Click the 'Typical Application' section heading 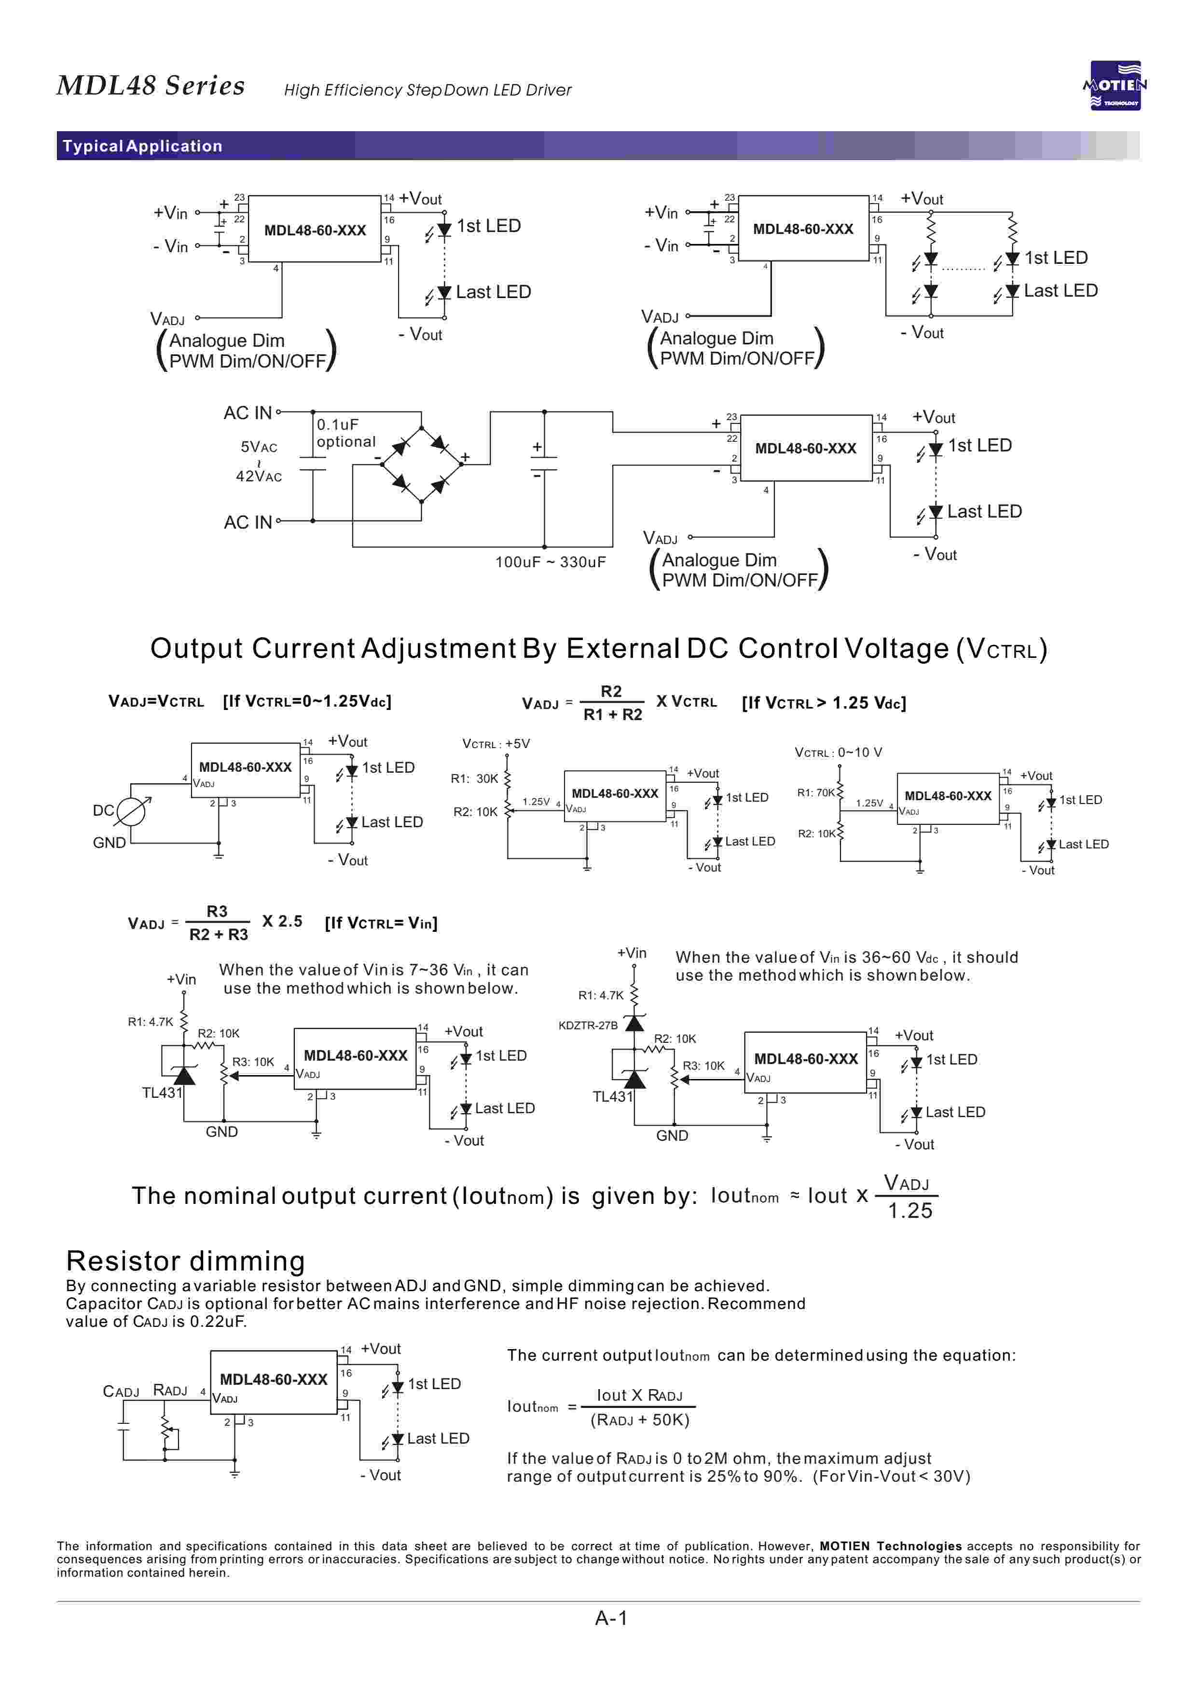tap(142, 146)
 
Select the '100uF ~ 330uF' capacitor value tap(551, 562)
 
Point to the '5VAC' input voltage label tap(259, 447)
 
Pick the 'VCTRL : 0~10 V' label tap(838, 753)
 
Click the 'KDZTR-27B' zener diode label tap(588, 1025)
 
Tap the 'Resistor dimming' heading tap(185, 1261)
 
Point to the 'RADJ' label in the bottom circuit tap(170, 1391)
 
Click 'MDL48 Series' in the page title tap(151, 85)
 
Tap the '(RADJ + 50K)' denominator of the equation tap(640, 1420)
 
